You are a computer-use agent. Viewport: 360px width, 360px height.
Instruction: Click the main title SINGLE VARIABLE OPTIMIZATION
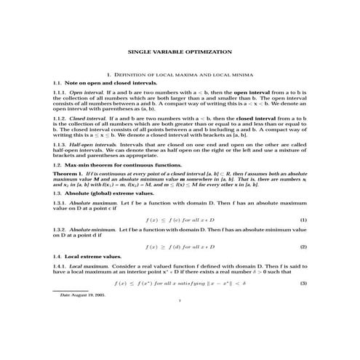click(x=180, y=52)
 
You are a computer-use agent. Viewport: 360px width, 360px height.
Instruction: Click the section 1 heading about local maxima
click(x=180, y=75)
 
